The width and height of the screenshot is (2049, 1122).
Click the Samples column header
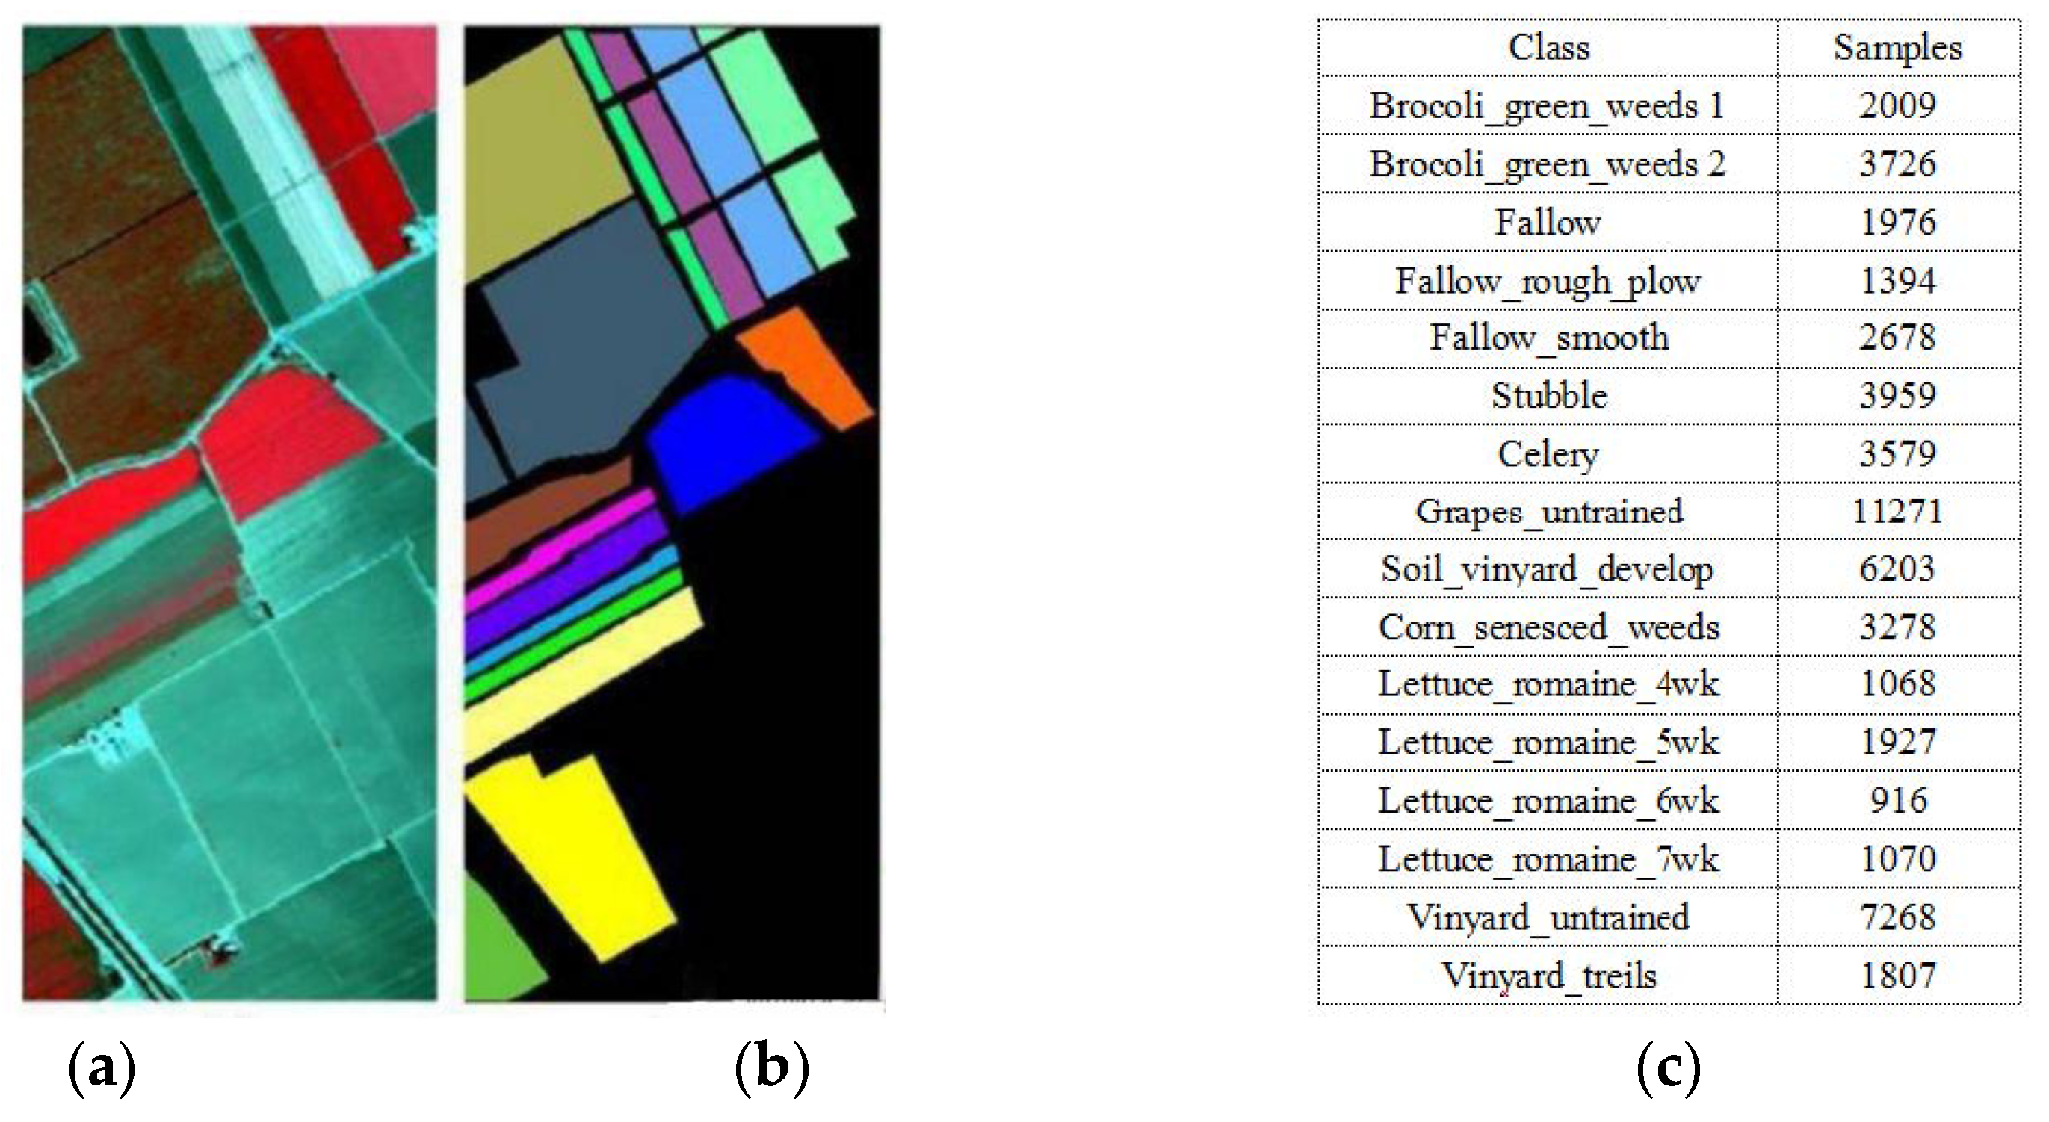[x=1898, y=48]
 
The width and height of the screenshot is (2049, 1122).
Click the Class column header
[x=1548, y=48]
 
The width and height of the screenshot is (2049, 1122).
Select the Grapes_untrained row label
[x=1548, y=511]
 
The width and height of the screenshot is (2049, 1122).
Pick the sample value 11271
[x=1898, y=511]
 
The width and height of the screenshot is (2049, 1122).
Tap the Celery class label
[x=1548, y=454]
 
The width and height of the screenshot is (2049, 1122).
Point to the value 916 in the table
[x=1898, y=801]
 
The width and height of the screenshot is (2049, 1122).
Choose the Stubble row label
[x=1548, y=396]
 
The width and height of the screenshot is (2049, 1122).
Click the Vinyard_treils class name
[x=1548, y=976]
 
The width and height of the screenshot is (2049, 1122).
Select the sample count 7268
[x=1898, y=917]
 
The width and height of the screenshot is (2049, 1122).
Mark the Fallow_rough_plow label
[x=1548, y=281]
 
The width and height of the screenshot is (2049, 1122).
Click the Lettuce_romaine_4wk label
[x=1548, y=685]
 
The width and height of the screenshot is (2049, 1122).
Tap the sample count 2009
[x=1898, y=106]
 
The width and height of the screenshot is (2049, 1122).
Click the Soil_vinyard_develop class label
[x=1548, y=569]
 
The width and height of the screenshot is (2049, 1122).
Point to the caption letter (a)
[x=102, y=1068]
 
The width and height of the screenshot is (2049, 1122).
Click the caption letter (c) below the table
[x=1669, y=1068]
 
